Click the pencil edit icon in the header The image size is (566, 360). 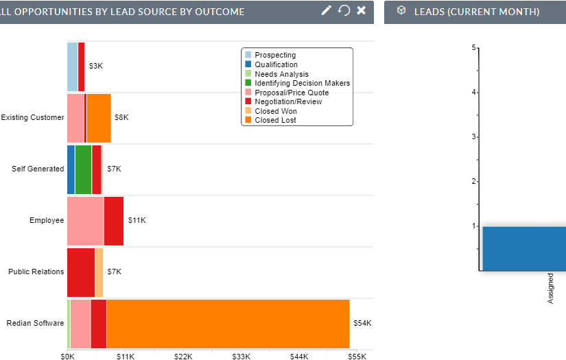pos(326,10)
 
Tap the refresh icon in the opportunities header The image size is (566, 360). pos(344,10)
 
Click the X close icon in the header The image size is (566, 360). pos(362,10)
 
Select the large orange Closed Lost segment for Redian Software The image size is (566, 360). pos(228,324)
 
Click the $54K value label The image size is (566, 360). pos(362,323)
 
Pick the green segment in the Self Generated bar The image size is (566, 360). pos(83,169)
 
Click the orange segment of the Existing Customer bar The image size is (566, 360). pos(99,118)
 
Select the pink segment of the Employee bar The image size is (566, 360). pos(85,221)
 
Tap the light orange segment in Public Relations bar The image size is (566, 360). pos(99,272)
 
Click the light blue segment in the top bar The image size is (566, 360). pos(72,67)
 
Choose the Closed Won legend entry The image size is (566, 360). pos(275,111)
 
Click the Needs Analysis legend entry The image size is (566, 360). pos(281,74)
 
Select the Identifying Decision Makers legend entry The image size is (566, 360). pos(302,83)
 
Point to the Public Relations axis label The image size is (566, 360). pos(36,272)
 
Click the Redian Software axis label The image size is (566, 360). pos(35,323)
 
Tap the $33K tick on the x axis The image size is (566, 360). pos(241,357)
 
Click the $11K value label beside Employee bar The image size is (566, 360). pos(137,220)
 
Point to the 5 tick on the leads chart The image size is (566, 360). pos(473,47)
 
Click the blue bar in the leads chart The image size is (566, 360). pos(524,248)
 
